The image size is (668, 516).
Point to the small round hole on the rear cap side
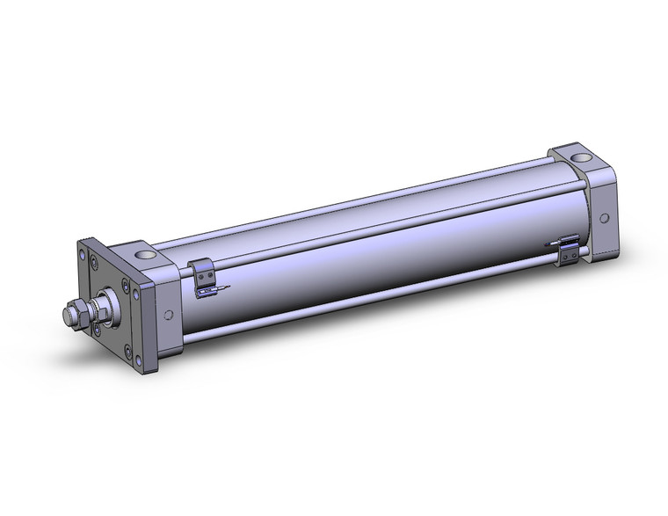(x=604, y=218)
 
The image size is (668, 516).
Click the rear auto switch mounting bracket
(x=570, y=250)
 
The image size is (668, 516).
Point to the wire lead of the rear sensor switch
(x=552, y=243)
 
